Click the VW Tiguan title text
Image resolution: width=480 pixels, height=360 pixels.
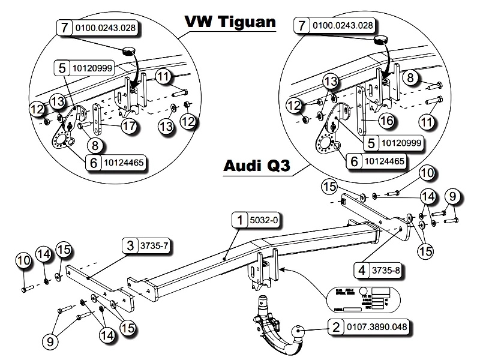click(230, 22)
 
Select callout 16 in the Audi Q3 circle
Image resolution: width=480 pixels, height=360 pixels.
click(386, 121)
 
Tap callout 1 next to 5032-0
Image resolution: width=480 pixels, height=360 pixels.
click(241, 220)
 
